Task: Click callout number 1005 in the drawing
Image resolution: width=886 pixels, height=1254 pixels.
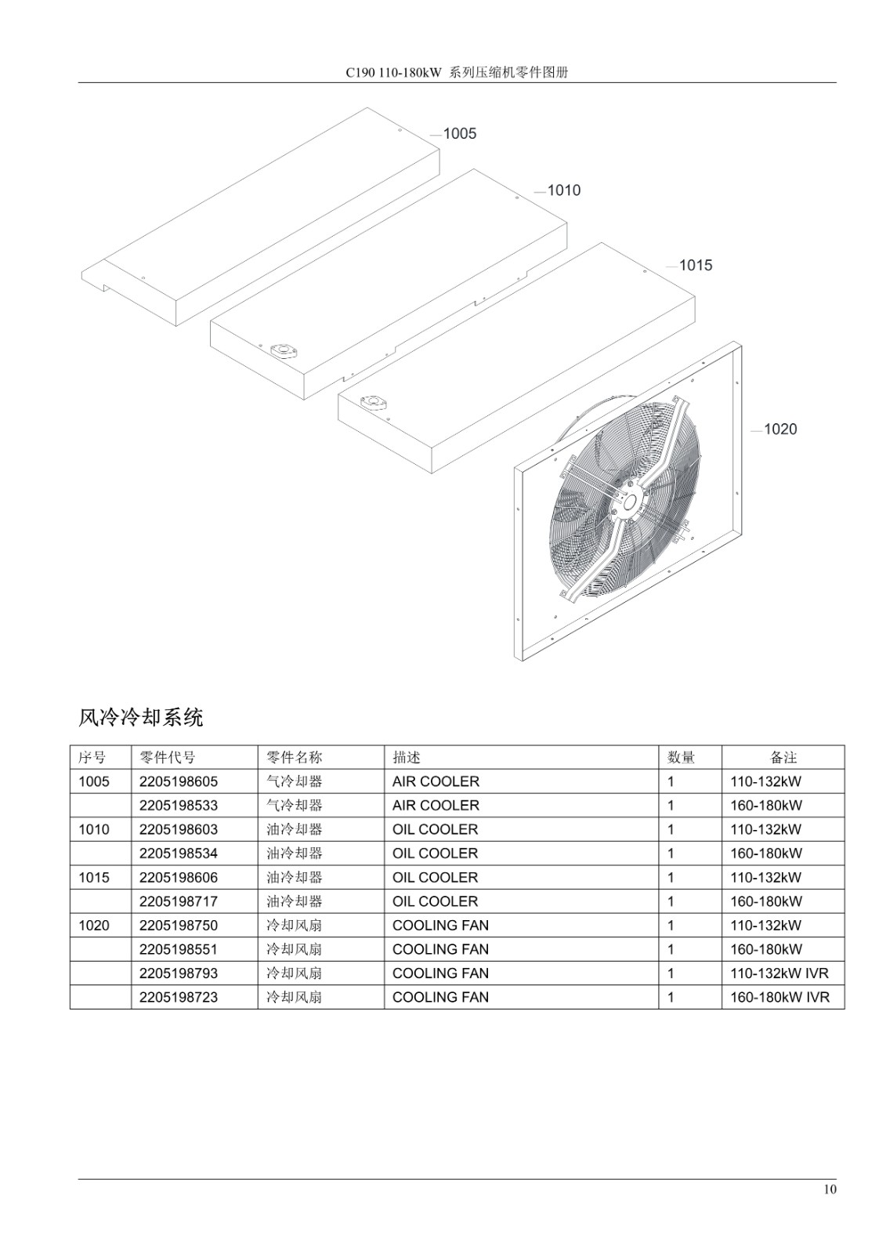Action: (460, 134)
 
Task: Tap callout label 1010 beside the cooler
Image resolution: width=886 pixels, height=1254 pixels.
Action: (563, 191)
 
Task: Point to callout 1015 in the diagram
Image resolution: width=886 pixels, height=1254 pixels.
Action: (696, 266)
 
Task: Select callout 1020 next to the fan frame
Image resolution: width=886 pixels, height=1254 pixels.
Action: (780, 429)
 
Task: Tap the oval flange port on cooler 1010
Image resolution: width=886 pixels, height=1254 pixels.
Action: (284, 352)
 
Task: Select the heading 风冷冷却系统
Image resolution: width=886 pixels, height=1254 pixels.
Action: (140, 717)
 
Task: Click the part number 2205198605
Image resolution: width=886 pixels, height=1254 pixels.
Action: (179, 781)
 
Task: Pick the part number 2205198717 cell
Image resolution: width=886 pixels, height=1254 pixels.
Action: (179, 901)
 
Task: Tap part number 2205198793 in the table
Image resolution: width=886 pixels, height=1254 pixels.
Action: (179, 973)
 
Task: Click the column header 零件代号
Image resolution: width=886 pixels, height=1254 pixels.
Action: (168, 757)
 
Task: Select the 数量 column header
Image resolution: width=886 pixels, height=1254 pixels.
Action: (682, 757)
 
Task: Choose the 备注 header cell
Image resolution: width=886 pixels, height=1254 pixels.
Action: (783, 757)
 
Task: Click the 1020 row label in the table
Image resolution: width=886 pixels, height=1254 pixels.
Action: (94, 926)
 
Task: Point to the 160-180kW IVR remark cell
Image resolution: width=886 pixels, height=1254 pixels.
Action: (779, 998)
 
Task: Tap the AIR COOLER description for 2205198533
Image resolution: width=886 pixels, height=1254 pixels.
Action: (436, 806)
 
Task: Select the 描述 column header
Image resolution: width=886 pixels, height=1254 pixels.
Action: (407, 757)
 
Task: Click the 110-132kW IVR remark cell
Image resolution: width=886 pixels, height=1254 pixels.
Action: (779, 973)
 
